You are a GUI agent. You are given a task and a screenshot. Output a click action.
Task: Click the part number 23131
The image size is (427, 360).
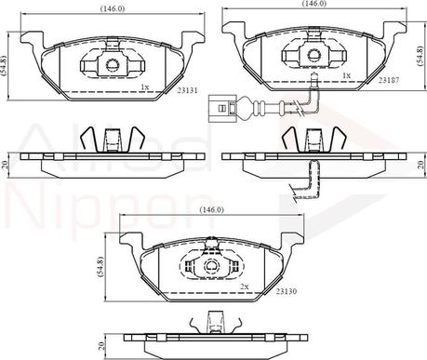(187, 90)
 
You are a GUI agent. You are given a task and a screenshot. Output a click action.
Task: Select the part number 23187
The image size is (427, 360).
(389, 80)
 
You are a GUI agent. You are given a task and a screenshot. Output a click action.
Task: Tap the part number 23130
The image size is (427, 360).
(287, 291)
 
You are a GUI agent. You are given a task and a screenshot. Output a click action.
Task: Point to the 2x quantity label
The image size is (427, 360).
(245, 287)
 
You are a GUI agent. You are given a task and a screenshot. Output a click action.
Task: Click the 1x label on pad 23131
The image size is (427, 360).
(145, 87)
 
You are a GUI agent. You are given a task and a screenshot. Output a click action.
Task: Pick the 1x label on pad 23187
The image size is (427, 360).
(347, 75)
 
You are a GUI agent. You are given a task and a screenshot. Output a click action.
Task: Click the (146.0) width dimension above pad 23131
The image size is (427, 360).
(113, 8)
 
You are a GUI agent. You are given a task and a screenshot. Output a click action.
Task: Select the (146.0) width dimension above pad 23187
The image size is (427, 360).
(314, 4)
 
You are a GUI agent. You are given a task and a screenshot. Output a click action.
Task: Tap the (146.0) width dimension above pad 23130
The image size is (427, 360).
(211, 209)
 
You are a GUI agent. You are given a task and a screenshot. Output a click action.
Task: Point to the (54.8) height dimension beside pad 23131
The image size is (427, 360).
(4, 66)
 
